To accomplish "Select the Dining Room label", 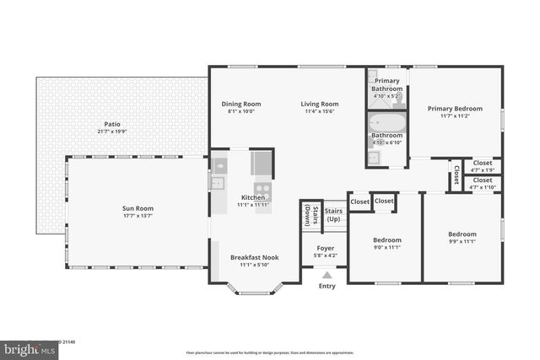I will (x=240, y=104).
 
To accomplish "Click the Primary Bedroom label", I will (x=455, y=108).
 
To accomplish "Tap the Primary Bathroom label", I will (x=387, y=84).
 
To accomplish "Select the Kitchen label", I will (x=253, y=197).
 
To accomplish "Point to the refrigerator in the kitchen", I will (x=262, y=163).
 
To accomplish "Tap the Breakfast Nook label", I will (x=254, y=257).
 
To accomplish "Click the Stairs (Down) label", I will (x=307, y=216).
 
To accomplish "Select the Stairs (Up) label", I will (x=333, y=216).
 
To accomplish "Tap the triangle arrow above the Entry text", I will (x=327, y=274).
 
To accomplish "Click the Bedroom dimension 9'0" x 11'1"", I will (x=387, y=248).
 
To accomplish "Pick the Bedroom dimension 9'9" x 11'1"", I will (x=462, y=241).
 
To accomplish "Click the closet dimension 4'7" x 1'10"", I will (x=483, y=187).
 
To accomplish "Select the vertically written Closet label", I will (x=456, y=175).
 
